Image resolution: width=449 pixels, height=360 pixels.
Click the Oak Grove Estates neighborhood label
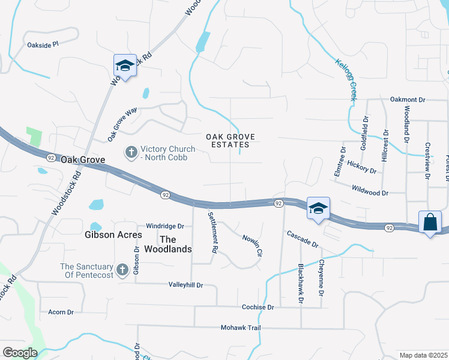(x=231, y=141)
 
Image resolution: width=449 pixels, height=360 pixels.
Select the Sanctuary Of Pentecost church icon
(x=122, y=270)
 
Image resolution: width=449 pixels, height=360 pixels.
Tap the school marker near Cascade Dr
(x=318, y=208)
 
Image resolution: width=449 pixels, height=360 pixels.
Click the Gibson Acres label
(x=113, y=235)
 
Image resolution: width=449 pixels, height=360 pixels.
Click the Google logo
(x=20, y=353)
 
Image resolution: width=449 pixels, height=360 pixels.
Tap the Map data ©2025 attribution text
(x=423, y=355)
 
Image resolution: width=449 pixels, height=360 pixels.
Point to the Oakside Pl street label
(x=43, y=44)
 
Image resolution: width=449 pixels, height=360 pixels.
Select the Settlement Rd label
(x=212, y=232)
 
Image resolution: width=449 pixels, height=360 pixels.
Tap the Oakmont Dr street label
(x=407, y=100)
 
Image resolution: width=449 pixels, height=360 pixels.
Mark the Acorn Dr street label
(x=61, y=312)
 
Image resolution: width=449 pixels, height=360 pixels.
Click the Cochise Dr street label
(x=257, y=307)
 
